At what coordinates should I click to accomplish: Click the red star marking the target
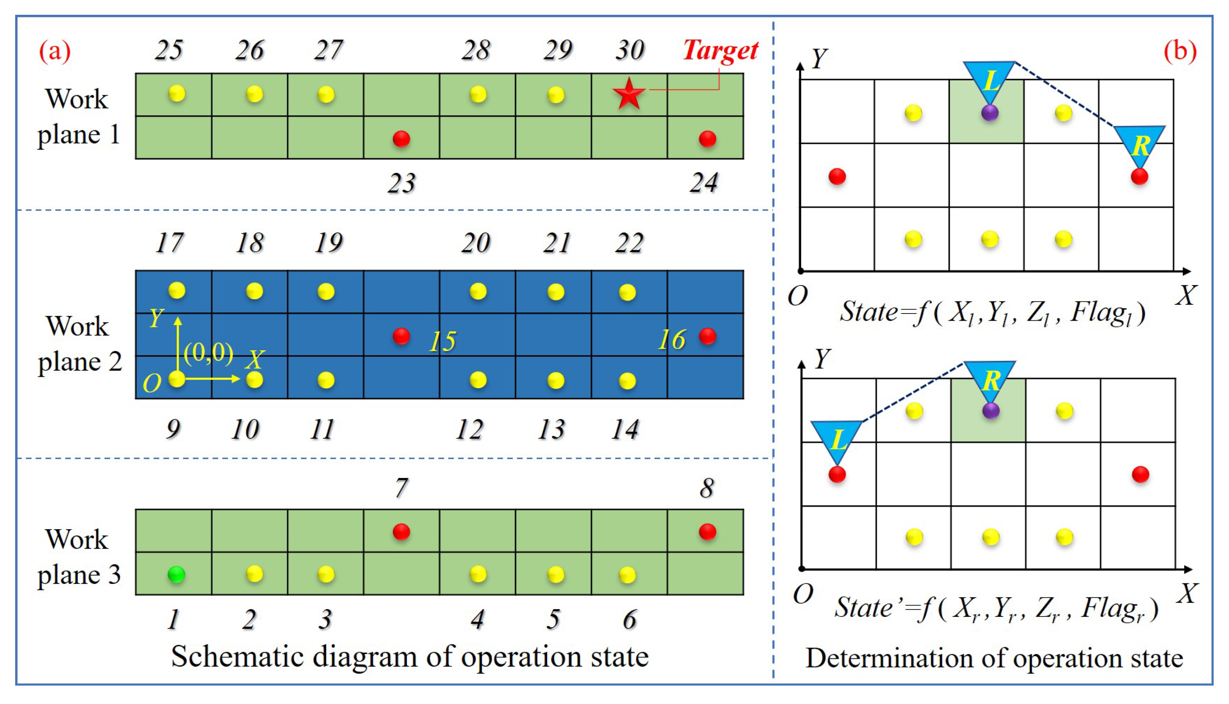pos(628,94)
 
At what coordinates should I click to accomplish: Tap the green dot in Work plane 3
pos(176,574)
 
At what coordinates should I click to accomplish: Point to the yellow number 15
pos(443,341)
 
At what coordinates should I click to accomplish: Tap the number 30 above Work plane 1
pos(629,50)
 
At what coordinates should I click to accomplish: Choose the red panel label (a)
pos(55,51)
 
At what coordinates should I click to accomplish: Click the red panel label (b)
pos(1180,51)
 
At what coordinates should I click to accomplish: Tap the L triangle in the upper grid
pos(989,80)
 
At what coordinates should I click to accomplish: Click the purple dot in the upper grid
pos(990,113)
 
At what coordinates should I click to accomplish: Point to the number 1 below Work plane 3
pos(173,619)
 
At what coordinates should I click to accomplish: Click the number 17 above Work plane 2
pos(169,243)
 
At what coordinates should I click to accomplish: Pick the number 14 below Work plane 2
pos(625,429)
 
